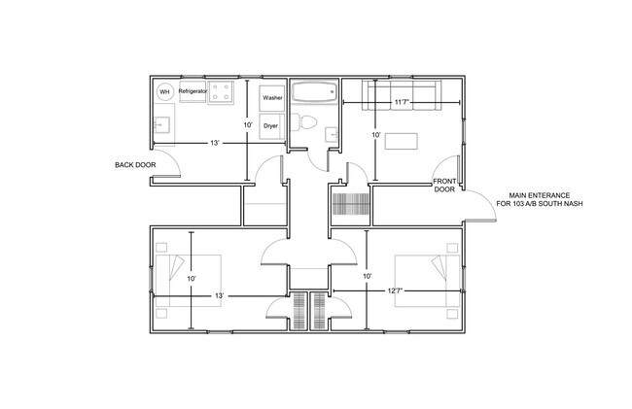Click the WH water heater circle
(x=164, y=91)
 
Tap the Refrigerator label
(x=193, y=91)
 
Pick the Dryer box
(x=271, y=126)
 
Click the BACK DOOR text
(x=134, y=166)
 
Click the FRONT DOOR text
(x=444, y=186)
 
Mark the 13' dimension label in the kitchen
(x=214, y=144)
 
